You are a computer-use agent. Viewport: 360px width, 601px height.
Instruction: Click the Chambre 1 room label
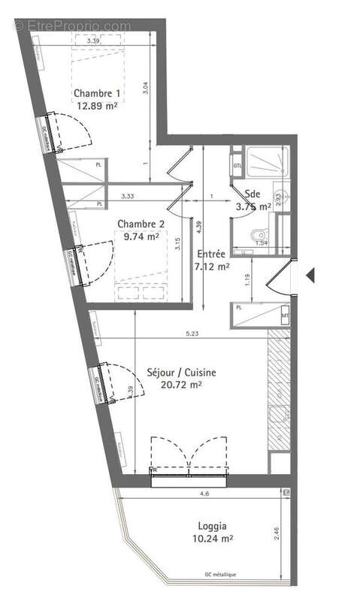click(98, 94)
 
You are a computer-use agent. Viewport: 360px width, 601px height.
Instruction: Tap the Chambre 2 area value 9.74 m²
click(140, 236)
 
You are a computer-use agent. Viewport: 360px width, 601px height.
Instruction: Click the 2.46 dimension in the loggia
click(278, 535)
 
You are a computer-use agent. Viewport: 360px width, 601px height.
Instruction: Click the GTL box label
click(236, 166)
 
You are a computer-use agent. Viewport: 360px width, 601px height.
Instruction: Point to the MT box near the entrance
click(285, 316)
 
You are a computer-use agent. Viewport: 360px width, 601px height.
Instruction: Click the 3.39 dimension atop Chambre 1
click(94, 40)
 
